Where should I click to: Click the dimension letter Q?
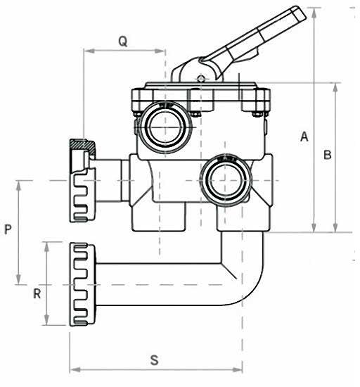pyautogui.click(x=123, y=42)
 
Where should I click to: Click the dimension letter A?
pyautogui.click(x=304, y=137)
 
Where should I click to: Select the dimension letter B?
pyautogui.click(x=327, y=155)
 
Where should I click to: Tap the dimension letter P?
pyautogui.click(x=8, y=229)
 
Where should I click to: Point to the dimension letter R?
pyautogui.click(x=37, y=293)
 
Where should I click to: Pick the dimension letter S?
pyautogui.click(x=155, y=360)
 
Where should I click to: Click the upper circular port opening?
pyautogui.click(x=165, y=127)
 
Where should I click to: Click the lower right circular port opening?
pyautogui.click(x=226, y=180)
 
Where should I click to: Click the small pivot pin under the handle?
pyautogui.click(x=201, y=79)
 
